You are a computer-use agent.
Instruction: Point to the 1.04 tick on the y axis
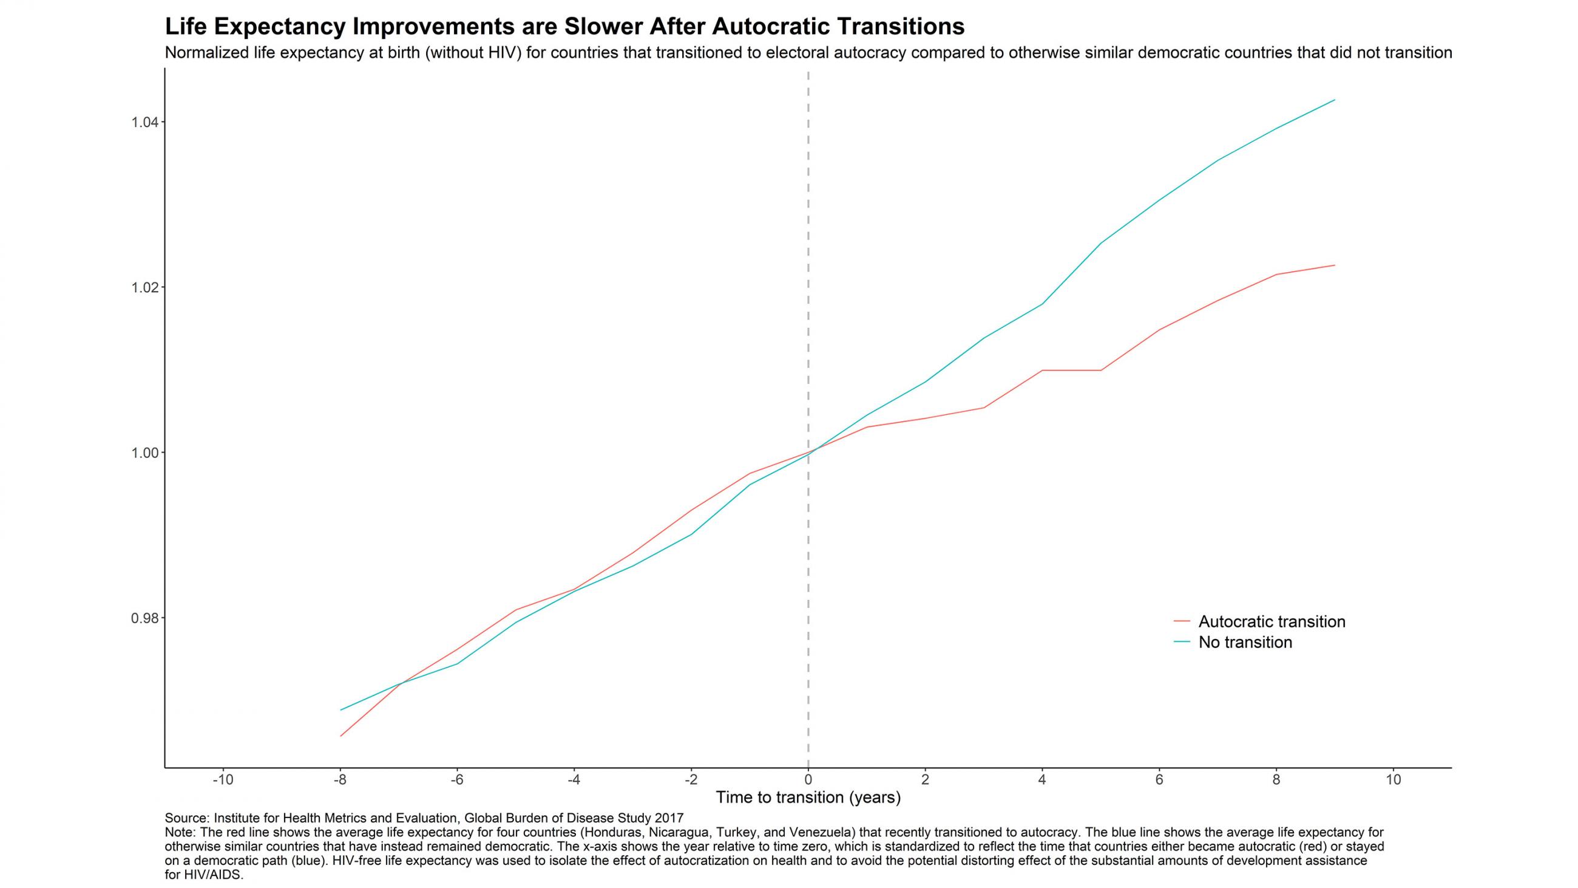click(x=144, y=123)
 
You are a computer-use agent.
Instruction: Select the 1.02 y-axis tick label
click(x=144, y=288)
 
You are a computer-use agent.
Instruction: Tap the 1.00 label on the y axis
click(x=144, y=453)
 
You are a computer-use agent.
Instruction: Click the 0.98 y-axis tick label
click(x=144, y=618)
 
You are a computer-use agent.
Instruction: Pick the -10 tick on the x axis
click(x=222, y=780)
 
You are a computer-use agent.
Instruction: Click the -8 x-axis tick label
click(x=340, y=780)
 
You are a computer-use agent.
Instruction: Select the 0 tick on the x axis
click(x=808, y=780)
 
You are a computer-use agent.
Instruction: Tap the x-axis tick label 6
click(x=1159, y=780)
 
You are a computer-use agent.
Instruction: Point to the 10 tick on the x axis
click(x=1393, y=780)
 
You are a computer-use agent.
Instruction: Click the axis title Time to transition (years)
click(x=808, y=797)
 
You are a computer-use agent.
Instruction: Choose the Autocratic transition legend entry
click(x=1272, y=621)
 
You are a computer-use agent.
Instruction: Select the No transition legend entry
click(x=1245, y=642)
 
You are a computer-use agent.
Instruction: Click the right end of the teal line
click(x=1334, y=100)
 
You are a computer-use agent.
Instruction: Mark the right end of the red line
click(x=1334, y=265)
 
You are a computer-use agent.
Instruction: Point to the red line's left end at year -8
click(x=341, y=736)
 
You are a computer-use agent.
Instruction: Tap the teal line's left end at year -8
click(x=341, y=709)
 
